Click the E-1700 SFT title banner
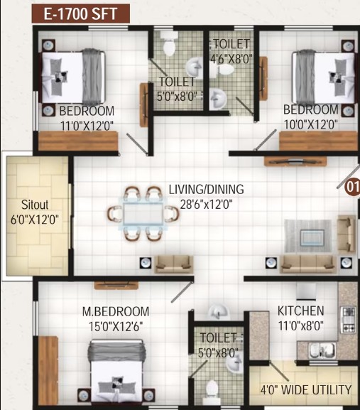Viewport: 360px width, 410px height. pos(81,14)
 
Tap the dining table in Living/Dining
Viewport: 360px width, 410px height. pos(143,214)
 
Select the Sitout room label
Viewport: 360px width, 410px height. pos(35,205)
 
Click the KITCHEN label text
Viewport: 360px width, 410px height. pos(300,311)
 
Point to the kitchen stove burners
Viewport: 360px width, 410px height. pos(349,320)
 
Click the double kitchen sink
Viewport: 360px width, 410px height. pos(322,350)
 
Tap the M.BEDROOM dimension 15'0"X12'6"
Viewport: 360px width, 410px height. pos(116,327)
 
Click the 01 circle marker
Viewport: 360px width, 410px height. pos(352,187)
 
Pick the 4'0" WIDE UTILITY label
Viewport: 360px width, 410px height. pos(306,390)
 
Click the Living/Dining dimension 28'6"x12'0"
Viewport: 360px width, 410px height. pos(206,205)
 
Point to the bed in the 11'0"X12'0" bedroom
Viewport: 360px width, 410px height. pos(73,77)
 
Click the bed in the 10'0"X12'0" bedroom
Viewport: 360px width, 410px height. pos(324,77)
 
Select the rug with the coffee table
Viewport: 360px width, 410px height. pos(308,236)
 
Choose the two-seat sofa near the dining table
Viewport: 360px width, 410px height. pos(174,264)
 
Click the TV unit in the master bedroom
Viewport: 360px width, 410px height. pos(116,285)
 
